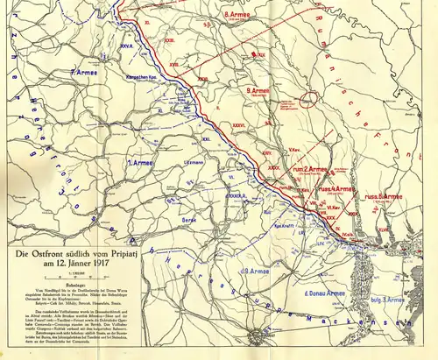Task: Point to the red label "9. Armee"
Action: point(260,90)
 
